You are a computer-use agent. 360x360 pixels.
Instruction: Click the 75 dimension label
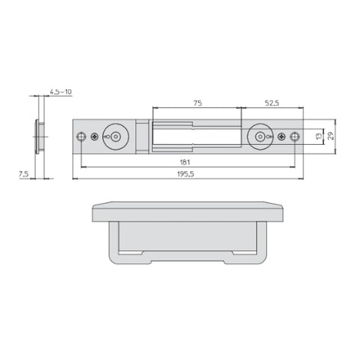[197, 103]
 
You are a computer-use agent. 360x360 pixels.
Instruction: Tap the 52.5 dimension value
[271, 103]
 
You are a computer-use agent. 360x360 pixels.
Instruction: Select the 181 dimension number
[185, 162]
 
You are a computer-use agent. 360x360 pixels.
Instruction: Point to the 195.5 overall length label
[185, 174]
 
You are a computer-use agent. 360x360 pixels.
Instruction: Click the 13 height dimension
[319, 136]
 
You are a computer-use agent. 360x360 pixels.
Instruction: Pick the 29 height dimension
[331, 136]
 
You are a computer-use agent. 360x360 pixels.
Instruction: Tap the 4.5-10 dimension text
[61, 91]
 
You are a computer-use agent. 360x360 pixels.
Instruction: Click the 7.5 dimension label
[24, 174]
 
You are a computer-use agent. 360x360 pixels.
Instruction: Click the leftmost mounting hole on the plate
[81, 136]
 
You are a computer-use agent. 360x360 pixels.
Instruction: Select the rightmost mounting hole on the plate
[295, 136]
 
